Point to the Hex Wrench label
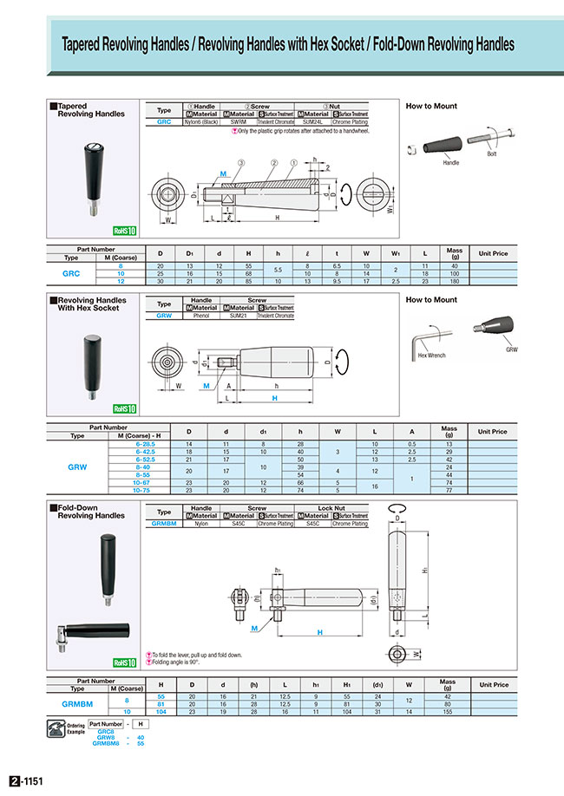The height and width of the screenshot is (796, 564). tap(431, 356)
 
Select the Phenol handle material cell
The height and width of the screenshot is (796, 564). tap(201, 316)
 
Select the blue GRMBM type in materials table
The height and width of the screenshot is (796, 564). tap(164, 524)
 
